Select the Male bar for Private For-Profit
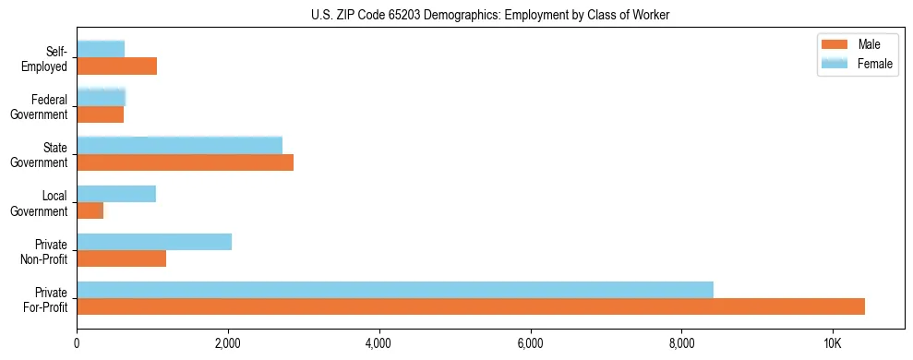pyautogui.click(x=471, y=306)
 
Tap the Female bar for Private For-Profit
pyautogui.click(x=395, y=290)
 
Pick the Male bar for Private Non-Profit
pyautogui.click(x=121, y=258)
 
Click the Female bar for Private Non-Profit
pyautogui.click(x=154, y=242)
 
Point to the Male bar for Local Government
pyautogui.click(x=90, y=210)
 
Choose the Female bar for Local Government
pyautogui.click(x=116, y=194)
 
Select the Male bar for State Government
pyautogui.click(x=185, y=162)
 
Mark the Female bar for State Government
pyautogui.click(x=179, y=145)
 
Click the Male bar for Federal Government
pyautogui.click(x=100, y=114)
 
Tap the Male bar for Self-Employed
pyautogui.click(x=116, y=66)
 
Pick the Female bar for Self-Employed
pyautogui.click(x=101, y=49)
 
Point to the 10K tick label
pyautogui.click(x=833, y=342)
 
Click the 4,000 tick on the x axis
pyautogui.click(x=379, y=342)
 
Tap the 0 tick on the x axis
pyautogui.click(x=77, y=342)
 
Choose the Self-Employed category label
pyautogui.click(x=47, y=58)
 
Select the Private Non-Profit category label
pyautogui.click(x=42, y=251)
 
